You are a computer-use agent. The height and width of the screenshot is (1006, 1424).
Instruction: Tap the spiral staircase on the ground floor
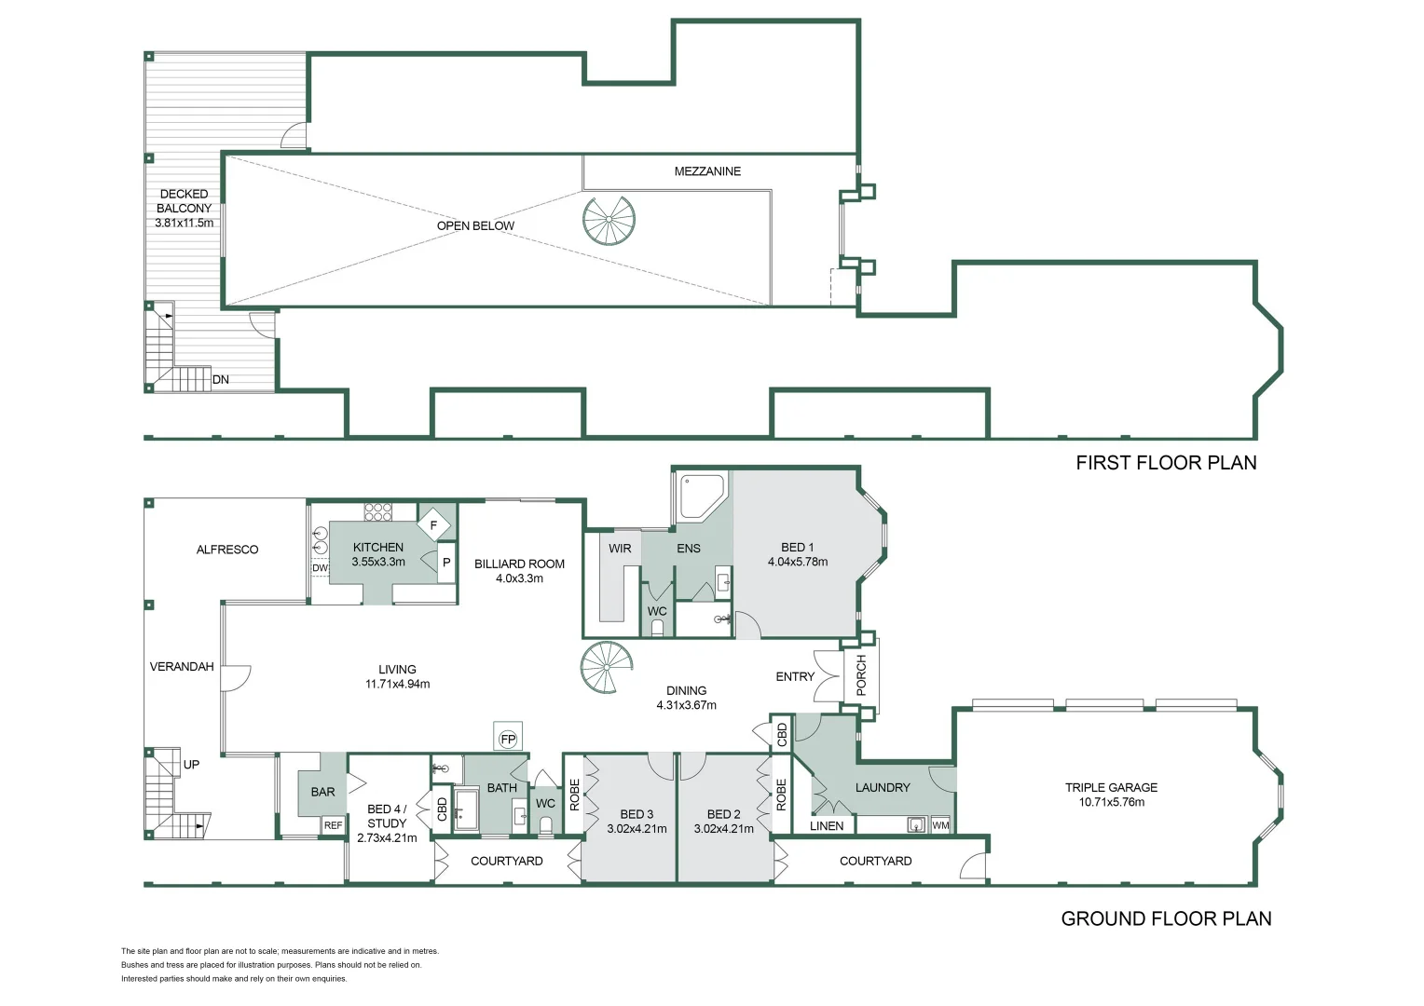point(607,667)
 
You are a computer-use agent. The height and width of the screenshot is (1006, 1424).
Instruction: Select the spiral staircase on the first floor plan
point(609,220)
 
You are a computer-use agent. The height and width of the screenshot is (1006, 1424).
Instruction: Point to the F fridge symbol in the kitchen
point(434,525)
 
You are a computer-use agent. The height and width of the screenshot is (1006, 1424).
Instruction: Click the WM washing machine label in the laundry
point(941,825)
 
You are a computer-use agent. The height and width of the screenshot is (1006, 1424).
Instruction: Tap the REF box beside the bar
point(333,825)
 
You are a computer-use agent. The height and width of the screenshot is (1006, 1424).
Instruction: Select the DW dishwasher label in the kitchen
point(320,567)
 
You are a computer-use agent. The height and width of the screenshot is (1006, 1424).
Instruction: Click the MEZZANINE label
point(707,171)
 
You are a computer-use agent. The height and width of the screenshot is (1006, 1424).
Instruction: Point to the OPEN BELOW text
point(475,225)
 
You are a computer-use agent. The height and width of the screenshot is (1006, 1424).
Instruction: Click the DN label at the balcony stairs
point(221,379)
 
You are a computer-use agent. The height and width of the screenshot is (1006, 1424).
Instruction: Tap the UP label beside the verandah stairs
point(191,765)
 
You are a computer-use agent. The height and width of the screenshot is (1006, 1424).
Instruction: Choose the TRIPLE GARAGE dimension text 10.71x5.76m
point(1111,802)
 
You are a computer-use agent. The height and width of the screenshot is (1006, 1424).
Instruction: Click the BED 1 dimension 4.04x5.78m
point(798,562)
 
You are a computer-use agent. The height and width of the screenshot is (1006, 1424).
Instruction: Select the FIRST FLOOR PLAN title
point(1166,463)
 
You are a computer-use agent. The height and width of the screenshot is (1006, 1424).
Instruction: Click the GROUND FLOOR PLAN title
point(1166,919)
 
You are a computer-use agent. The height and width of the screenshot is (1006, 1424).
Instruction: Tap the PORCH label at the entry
point(861,675)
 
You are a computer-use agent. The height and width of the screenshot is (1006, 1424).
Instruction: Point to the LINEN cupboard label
point(827,825)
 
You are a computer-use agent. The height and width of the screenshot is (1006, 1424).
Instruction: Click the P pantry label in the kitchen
point(446,562)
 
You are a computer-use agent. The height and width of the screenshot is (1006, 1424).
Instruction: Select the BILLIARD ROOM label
point(519,564)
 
